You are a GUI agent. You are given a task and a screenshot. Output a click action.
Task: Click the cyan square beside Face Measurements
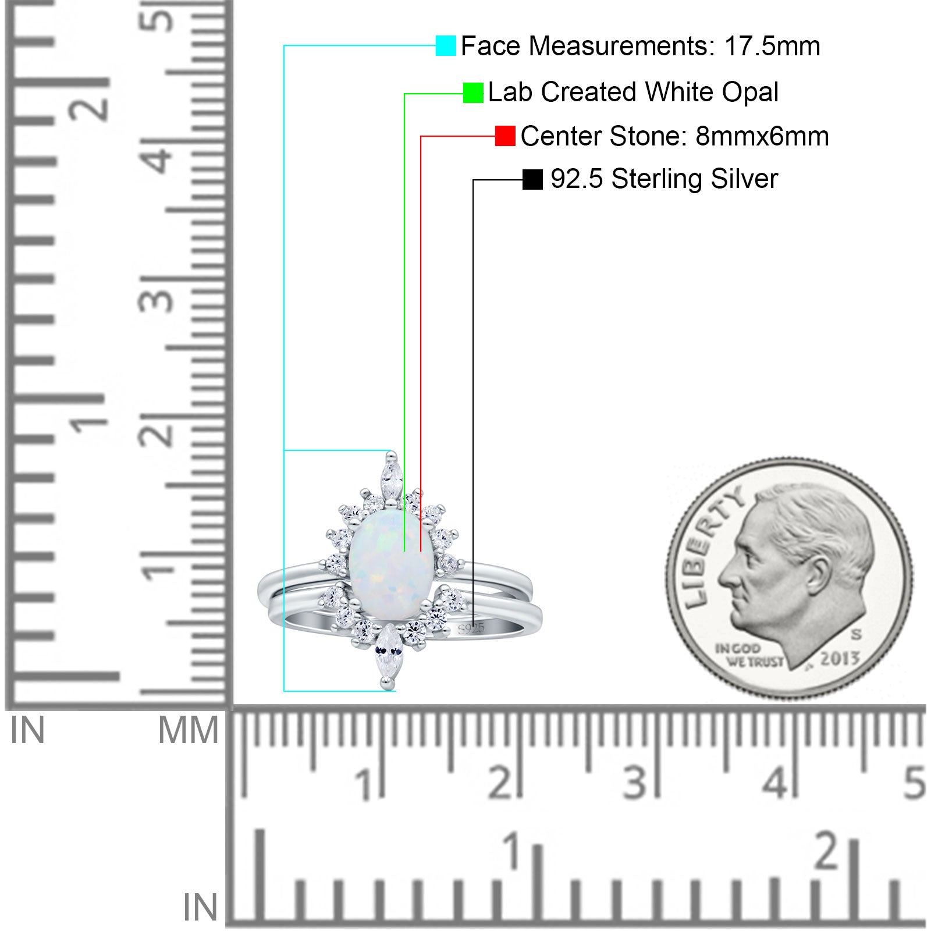(x=446, y=45)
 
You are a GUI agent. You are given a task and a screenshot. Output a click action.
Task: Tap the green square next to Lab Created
(x=473, y=93)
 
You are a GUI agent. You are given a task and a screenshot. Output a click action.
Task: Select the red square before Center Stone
(x=505, y=136)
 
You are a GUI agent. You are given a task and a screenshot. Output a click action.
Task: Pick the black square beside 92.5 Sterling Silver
(x=532, y=179)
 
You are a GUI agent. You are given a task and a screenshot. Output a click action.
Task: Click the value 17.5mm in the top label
(x=772, y=46)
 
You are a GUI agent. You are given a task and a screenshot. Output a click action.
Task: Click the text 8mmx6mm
(x=762, y=136)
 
